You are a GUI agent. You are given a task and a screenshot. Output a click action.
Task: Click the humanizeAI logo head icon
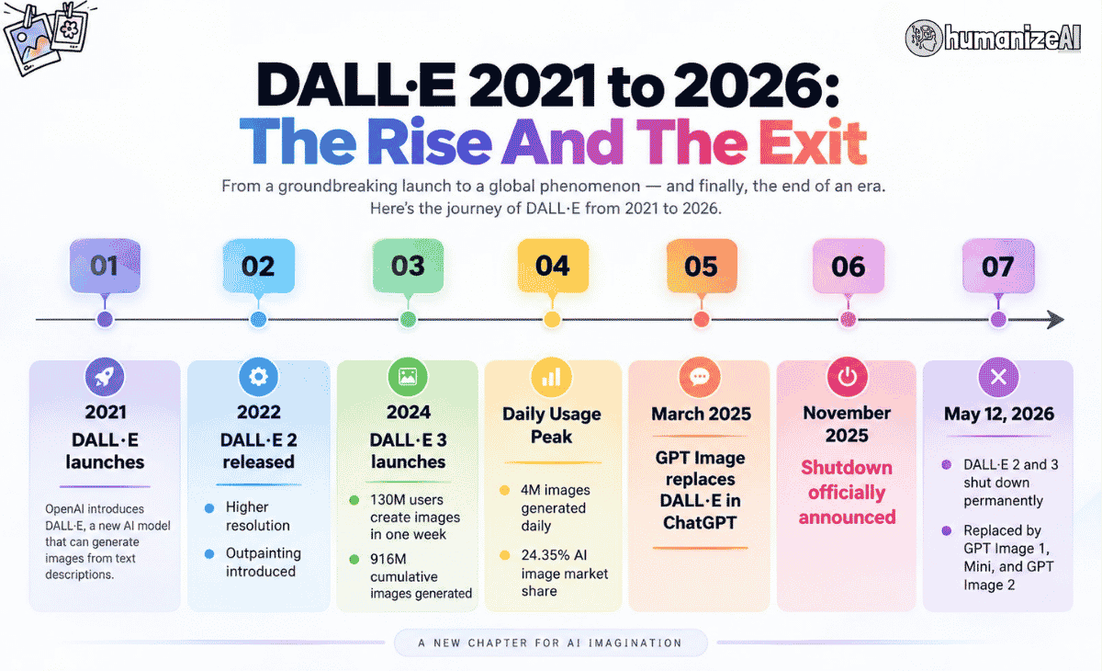924,38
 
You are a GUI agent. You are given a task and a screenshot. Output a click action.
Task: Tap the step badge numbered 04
553,266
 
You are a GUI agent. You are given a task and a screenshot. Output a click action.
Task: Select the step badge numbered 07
998,266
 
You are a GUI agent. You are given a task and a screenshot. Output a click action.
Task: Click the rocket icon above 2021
105,377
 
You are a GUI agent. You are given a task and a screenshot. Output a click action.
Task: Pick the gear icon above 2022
258,377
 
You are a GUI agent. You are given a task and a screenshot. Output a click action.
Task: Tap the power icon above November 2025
847,377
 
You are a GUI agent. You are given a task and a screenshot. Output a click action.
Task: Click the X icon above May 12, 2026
998,377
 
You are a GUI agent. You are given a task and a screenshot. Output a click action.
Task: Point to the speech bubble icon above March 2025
700,377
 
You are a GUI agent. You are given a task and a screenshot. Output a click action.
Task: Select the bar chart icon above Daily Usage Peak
552,377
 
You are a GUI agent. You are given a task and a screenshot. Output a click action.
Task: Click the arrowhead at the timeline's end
1056,320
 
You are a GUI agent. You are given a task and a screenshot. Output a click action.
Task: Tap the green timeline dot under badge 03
408,320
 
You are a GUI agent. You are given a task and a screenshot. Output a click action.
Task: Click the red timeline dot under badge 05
702,320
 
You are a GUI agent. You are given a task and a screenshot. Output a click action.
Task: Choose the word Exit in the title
812,142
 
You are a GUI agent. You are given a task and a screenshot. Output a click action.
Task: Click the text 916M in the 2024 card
388,559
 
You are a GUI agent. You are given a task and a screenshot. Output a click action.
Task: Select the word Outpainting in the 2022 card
264,554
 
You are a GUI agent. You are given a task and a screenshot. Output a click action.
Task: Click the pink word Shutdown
847,467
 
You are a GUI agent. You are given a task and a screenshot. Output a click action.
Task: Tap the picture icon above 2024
408,377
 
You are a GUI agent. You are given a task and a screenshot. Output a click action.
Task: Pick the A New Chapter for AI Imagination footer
550,643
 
